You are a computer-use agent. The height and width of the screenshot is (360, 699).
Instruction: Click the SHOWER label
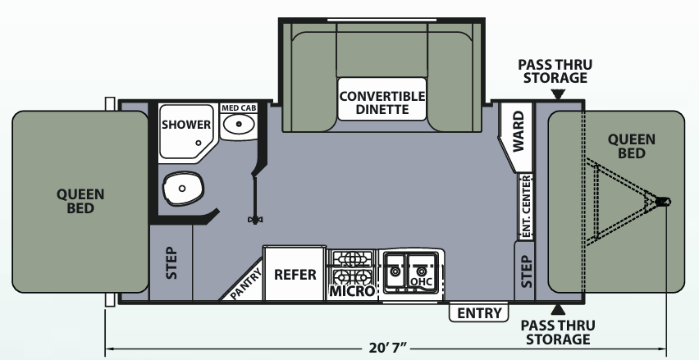[x=187, y=125]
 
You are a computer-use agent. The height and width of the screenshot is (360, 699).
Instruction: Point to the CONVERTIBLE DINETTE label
[x=383, y=103]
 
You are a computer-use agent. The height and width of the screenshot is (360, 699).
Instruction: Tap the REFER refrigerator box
[x=295, y=274]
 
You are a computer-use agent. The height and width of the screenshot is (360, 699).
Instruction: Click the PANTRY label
[x=245, y=284]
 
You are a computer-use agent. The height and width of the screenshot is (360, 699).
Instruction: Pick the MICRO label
[x=352, y=291]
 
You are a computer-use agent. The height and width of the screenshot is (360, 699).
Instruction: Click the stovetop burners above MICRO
[x=352, y=262]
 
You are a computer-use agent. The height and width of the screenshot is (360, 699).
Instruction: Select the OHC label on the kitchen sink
[x=421, y=282]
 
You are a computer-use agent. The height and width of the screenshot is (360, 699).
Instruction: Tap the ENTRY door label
[x=479, y=312]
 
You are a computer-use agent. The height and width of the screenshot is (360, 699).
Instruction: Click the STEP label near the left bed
[x=171, y=263]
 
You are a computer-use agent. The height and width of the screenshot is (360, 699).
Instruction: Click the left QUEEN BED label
[x=80, y=201]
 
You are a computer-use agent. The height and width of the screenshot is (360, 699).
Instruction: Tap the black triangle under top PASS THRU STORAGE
[x=558, y=94]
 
